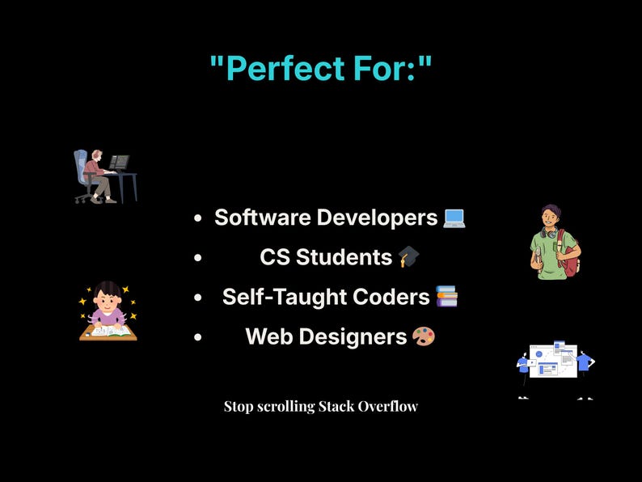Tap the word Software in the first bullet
coord(263,218)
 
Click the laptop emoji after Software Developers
coord(454,218)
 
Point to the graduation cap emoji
coord(409,257)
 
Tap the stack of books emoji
coord(446,297)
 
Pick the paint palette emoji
coord(424,336)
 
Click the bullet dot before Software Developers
coord(198,218)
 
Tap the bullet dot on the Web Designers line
coord(198,337)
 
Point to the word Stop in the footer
coord(239,406)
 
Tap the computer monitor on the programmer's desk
coord(120,162)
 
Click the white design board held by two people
coord(553,361)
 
